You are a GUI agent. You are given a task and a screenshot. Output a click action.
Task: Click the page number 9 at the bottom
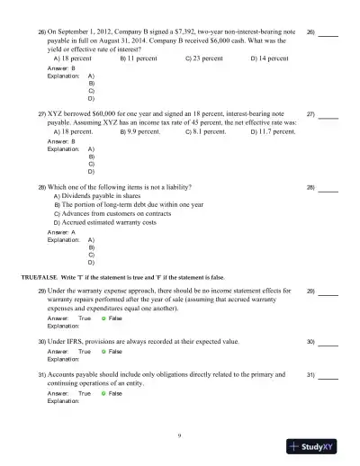point(180,435)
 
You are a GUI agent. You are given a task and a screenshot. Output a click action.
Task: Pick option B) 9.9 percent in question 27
point(142,131)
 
